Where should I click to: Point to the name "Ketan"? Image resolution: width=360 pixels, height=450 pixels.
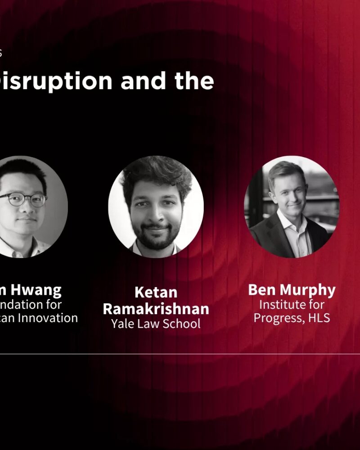(156, 292)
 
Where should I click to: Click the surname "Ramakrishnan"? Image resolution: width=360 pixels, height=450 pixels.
(156, 309)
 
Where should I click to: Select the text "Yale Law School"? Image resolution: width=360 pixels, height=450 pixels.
(156, 324)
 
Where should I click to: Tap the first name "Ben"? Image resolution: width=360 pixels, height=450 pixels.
(262, 290)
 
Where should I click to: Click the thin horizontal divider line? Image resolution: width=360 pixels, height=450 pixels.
(180, 354)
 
